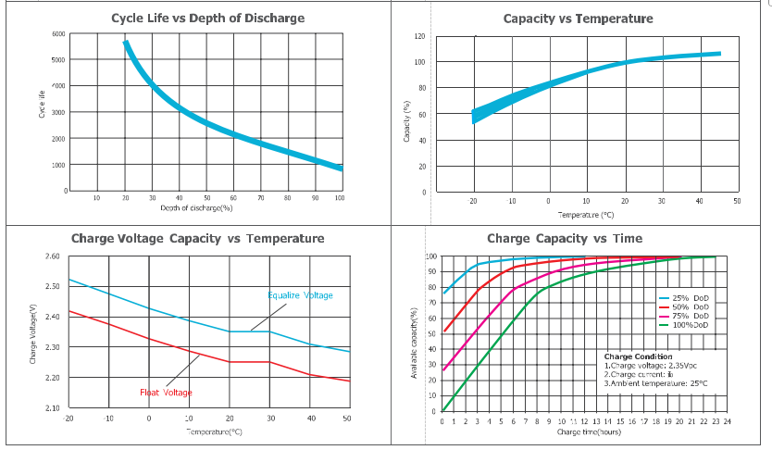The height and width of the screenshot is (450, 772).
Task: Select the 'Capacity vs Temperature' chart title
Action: click(x=578, y=19)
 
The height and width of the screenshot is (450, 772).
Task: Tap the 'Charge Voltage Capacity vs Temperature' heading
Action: click(x=197, y=239)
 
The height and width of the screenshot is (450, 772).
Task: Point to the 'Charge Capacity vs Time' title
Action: click(x=564, y=239)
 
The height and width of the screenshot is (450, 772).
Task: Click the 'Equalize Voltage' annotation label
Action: click(x=300, y=295)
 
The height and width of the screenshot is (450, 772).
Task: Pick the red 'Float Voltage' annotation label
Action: click(x=167, y=393)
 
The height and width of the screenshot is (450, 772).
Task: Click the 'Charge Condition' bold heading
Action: click(x=638, y=356)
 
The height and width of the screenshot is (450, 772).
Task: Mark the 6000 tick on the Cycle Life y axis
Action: click(x=58, y=34)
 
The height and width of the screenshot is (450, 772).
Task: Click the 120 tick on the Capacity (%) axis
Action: click(x=419, y=36)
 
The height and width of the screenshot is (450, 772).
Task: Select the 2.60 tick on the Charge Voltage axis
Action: click(x=52, y=256)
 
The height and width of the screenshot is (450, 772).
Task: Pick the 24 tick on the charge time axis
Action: click(x=727, y=421)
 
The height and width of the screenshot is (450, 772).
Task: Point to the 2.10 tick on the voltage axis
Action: click(x=52, y=408)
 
